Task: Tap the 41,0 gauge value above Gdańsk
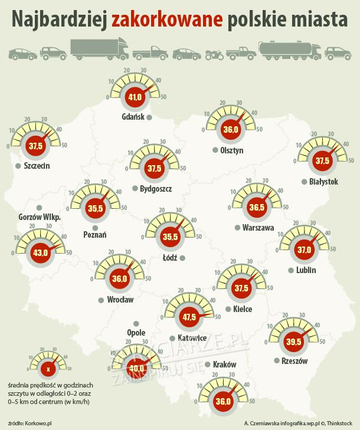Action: (135, 97)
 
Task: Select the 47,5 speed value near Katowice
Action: (190, 317)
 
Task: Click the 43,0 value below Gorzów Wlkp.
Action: (41, 253)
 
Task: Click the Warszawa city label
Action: (258, 228)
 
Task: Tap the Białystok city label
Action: (323, 182)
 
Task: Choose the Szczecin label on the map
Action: (37, 166)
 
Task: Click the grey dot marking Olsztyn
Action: (215, 150)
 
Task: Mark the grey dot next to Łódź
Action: (183, 258)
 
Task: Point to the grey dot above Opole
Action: (136, 323)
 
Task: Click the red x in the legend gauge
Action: (48, 369)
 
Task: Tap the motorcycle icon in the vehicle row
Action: (212, 54)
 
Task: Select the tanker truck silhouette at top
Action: (289, 49)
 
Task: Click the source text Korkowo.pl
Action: (40, 423)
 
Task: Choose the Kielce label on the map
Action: (243, 309)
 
